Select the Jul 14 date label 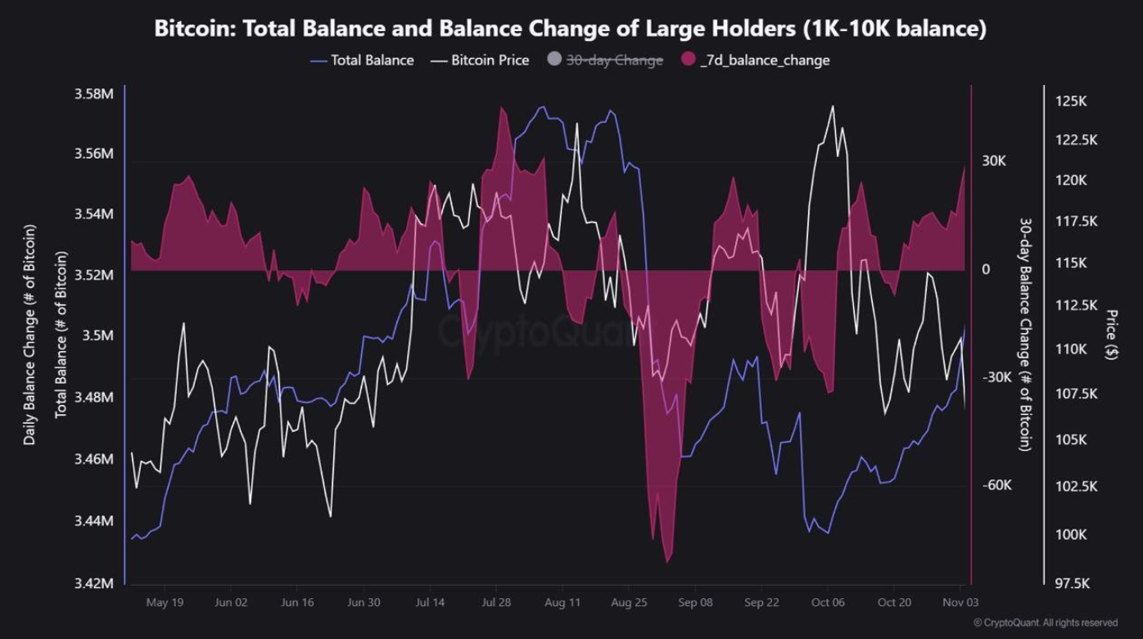(x=430, y=602)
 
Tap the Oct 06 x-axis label (x=828, y=602)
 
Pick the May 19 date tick (x=165, y=602)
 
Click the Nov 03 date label (x=960, y=602)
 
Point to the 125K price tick (x=1071, y=101)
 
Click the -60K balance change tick (x=996, y=485)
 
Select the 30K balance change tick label (x=994, y=160)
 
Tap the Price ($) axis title (x=1112, y=335)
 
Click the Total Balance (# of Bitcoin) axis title (x=61, y=335)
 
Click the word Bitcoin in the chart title (x=192, y=29)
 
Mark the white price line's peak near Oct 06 (x=832, y=106)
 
